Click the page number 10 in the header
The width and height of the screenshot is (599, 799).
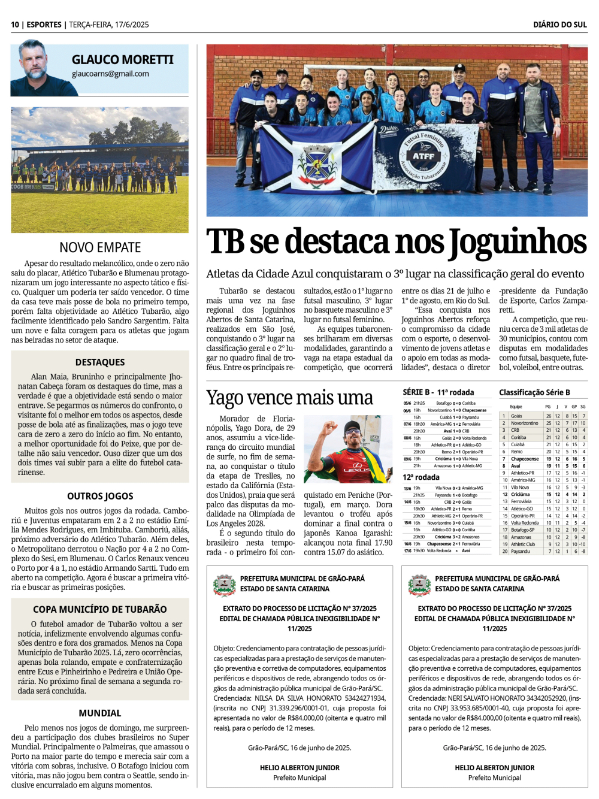(x=15, y=25)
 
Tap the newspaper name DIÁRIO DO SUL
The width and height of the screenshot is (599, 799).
(x=560, y=25)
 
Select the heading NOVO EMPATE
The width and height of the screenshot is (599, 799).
(x=100, y=247)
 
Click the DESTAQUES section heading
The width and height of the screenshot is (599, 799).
(x=100, y=362)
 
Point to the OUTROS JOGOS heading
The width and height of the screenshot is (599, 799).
(x=100, y=496)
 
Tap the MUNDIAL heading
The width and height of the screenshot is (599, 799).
(x=100, y=713)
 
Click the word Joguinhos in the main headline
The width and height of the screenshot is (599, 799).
(x=518, y=241)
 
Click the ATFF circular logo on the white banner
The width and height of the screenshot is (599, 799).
(x=423, y=157)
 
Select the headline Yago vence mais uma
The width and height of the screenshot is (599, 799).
(x=289, y=398)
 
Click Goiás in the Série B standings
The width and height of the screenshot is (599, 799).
(x=516, y=416)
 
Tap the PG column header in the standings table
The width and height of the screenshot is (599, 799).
(x=548, y=407)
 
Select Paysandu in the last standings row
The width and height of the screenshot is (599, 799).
(x=521, y=552)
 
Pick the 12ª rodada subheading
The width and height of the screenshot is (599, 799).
(x=421, y=477)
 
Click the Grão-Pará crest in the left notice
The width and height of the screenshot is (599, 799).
(x=225, y=583)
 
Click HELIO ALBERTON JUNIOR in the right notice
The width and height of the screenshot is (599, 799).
(x=494, y=767)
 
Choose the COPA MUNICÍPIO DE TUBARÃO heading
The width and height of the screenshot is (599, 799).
(x=100, y=609)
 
